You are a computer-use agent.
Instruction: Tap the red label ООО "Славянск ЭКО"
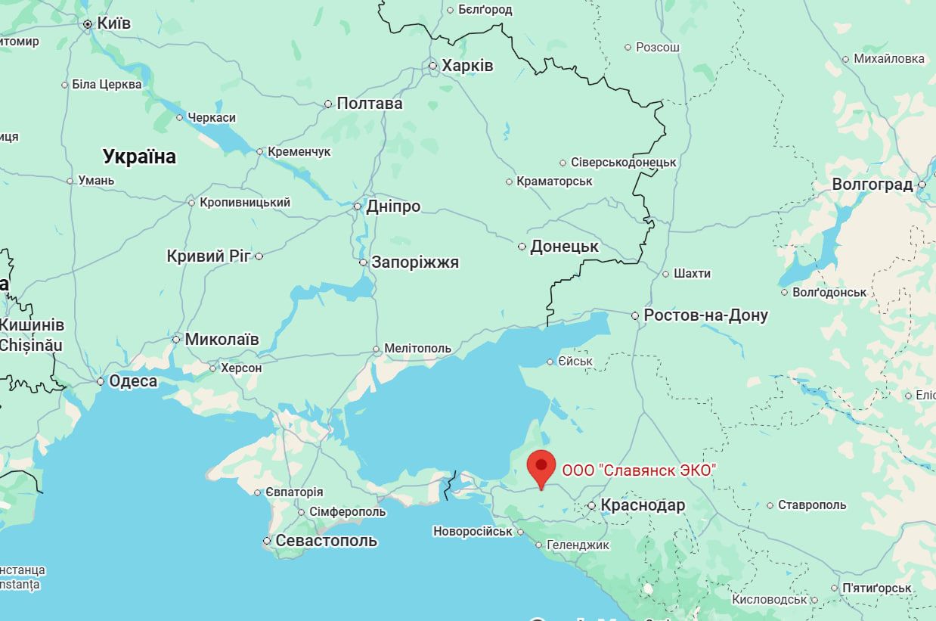pos(638,470)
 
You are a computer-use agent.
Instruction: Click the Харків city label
pos(467,66)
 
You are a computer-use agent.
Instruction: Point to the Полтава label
pos(369,104)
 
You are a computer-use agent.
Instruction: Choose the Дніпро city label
pos(392,206)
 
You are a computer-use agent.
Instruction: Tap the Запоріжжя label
pos(415,262)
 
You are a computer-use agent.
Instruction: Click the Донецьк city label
pos(564,247)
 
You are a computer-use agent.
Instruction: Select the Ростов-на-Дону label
pos(705,315)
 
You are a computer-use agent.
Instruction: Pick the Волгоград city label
pos(872,185)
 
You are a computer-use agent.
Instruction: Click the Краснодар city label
pos(643,505)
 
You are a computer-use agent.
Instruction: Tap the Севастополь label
pos(326,541)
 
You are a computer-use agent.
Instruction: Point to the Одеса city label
pos(133,381)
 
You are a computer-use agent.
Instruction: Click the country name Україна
pos(139,157)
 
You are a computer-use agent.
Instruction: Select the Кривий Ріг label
pos(208,256)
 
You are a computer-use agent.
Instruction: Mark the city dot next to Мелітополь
pos(377,349)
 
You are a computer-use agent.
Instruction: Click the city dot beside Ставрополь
pos(770,505)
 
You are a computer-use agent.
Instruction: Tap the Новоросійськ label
pos(473,532)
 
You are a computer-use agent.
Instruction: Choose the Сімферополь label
pos(347,512)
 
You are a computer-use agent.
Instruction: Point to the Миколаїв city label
pos(222,340)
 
